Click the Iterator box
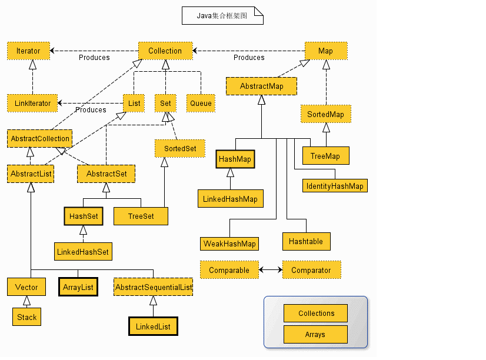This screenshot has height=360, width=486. [x=28, y=51]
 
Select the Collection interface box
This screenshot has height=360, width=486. [x=165, y=51]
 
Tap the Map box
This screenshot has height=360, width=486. [x=326, y=51]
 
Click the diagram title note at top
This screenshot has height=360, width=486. [x=222, y=15]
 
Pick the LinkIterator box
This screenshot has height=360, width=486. [x=32, y=103]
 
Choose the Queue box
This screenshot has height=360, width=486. [x=201, y=103]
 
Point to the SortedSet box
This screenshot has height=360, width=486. [x=180, y=148]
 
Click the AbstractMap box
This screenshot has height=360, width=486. [x=261, y=86]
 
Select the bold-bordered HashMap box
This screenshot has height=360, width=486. [x=235, y=159]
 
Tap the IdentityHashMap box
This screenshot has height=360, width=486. [x=335, y=185]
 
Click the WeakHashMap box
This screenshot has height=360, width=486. [x=229, y=244]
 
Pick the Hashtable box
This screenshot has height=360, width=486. [x=306, y=241]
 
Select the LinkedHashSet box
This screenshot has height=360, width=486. [x=83, y=252]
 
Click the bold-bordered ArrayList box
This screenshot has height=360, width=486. [x=78, y=287]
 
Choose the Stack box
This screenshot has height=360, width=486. [x=26, y=316]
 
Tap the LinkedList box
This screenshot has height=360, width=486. [x=153, y=326]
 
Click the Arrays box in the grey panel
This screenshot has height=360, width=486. [x=315, y=334]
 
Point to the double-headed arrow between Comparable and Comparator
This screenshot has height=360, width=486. [x=271, y=270]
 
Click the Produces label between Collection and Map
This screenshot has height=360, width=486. [x=249, y=58]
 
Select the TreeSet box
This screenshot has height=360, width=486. [x=141, y=216]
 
